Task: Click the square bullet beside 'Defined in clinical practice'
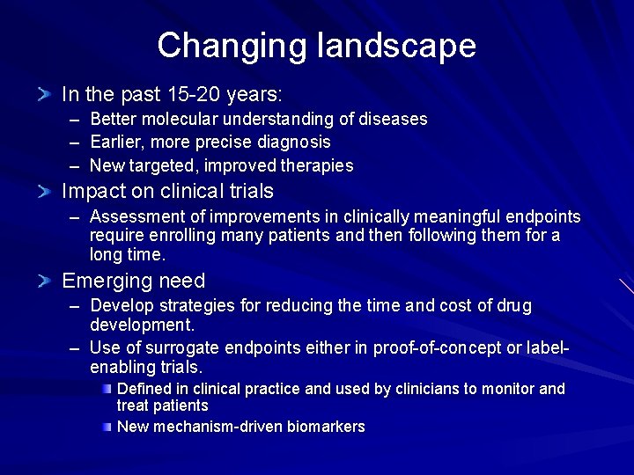coord(106,389)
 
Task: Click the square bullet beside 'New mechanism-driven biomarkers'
coord(106,427)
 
